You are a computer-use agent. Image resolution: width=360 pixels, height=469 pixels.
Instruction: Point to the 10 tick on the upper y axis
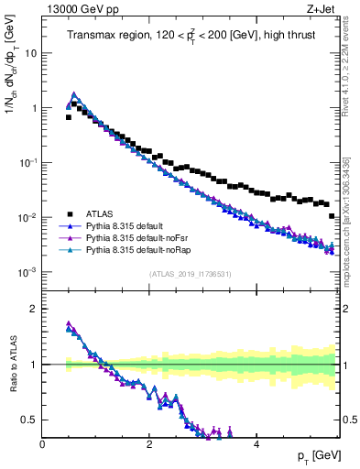(x=31, y=53)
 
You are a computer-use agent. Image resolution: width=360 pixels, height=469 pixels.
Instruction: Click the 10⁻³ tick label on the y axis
(x=28, y=273)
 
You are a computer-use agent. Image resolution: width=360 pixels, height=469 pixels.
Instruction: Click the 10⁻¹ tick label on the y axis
(x=28, y=163)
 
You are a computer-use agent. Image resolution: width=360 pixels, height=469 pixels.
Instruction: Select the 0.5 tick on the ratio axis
(x=31, y=420)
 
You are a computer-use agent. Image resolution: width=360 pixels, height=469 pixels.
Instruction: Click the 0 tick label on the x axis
(x=42, y=444)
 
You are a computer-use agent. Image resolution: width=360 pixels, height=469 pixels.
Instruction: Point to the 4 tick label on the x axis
(x=256, y=444)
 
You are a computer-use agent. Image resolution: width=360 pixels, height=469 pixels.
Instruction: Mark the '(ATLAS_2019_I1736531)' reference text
(x=190, y=275)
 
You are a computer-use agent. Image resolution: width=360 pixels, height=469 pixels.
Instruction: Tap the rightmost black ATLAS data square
(x=332, y=216)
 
